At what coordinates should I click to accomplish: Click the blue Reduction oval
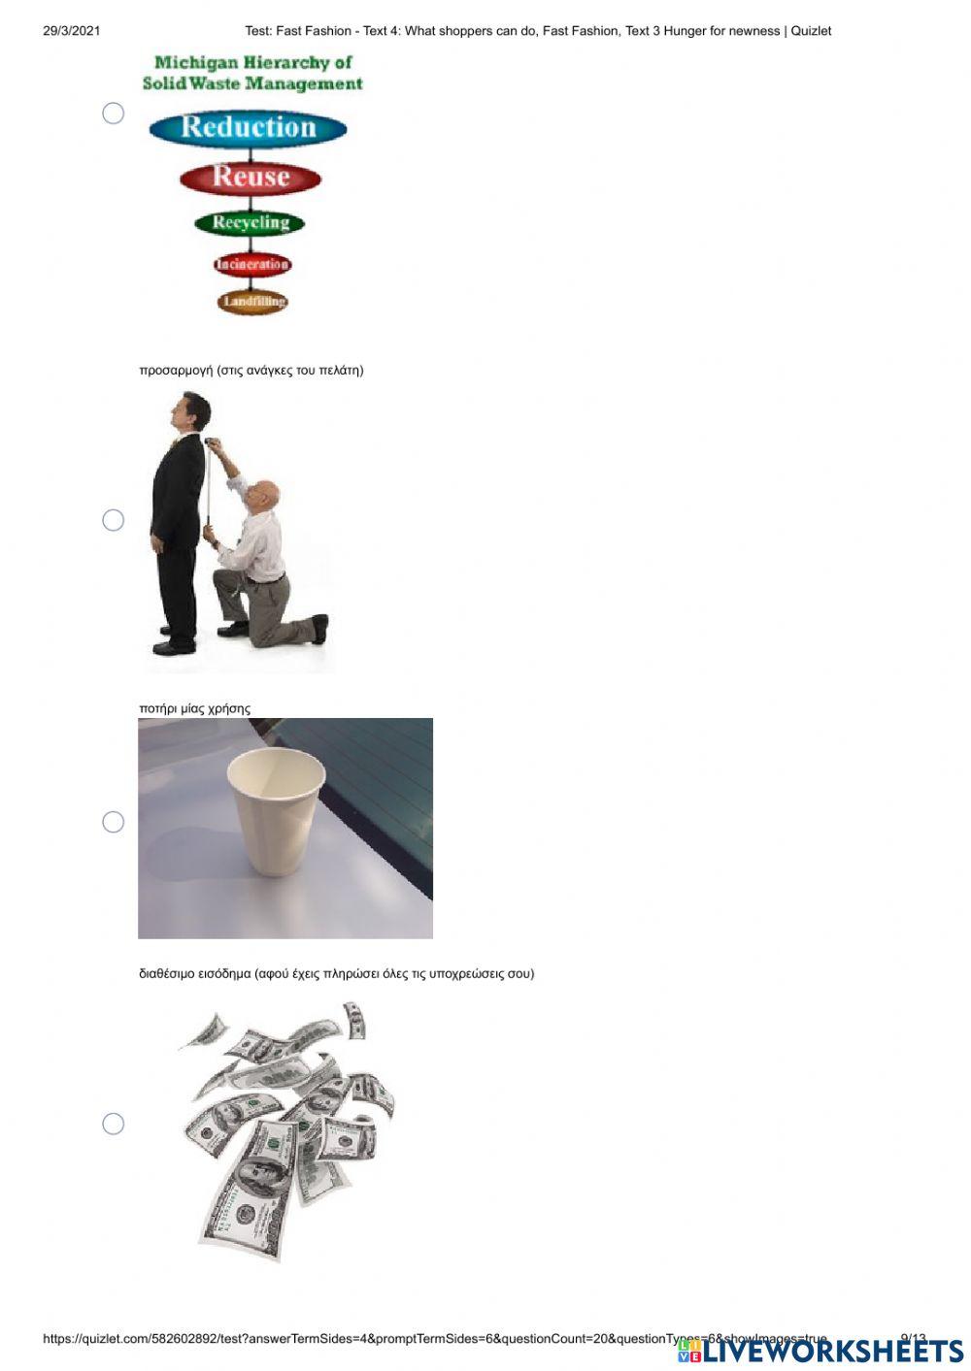click(249, 128)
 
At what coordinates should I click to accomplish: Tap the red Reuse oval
click(251, 178)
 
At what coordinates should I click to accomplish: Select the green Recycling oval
click(251, 223)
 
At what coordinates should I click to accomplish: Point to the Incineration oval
click(252, 264)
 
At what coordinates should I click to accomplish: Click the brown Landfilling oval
click(252, 302)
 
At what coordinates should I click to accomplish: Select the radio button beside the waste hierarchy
click(114, 114)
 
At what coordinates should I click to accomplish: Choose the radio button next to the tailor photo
click(114, 520)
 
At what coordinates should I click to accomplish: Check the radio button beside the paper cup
click(114, 822)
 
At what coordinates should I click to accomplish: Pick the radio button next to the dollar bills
click(114, 1124)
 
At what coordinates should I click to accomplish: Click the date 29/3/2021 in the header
click(72, 31)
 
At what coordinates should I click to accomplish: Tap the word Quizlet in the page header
click(811, 31)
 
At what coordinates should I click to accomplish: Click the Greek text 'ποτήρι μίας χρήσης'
click(194, 708)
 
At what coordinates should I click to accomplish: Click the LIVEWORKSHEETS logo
click(820, 1351)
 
